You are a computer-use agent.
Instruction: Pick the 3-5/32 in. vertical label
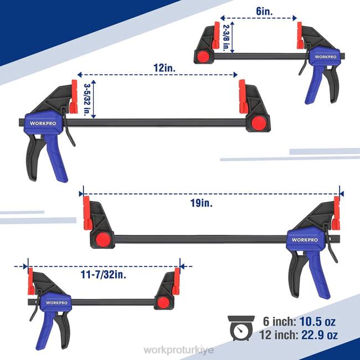pos(86,99)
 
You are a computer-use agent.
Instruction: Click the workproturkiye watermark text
pos(179,351)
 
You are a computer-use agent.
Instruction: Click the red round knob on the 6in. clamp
pos(203,56)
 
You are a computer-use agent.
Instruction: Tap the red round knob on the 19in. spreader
pos(101,239)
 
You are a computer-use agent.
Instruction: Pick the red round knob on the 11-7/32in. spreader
pos(163,302)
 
